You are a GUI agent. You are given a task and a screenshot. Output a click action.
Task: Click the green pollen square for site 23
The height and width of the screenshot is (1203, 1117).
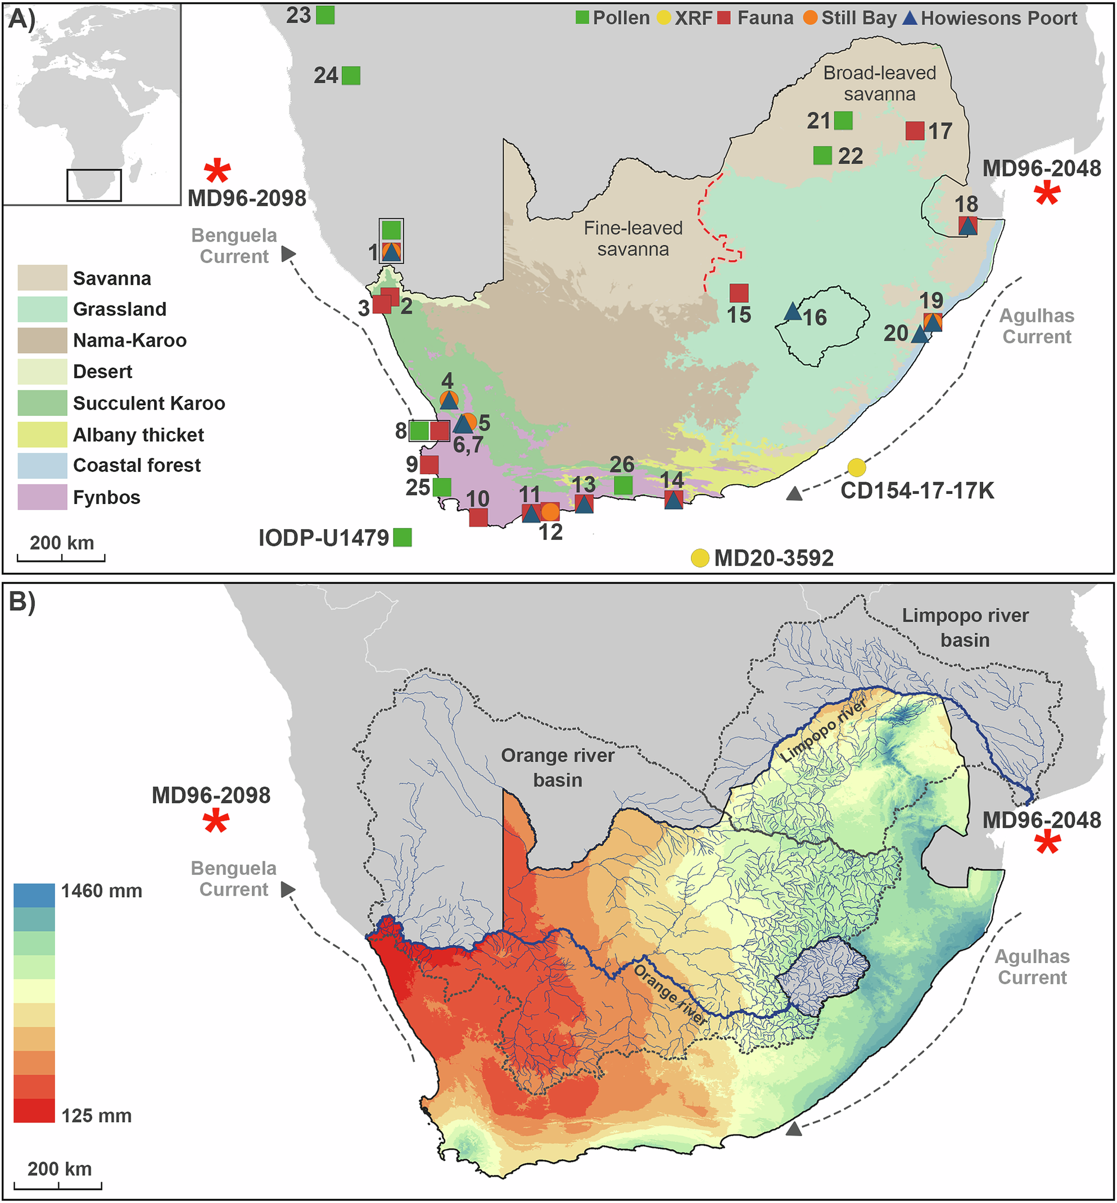pos(325,15)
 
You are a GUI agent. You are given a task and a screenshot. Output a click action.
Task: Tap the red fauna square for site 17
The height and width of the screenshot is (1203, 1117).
pos(915,130)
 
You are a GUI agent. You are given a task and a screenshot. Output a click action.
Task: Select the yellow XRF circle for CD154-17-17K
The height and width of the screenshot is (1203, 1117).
pos(856,467)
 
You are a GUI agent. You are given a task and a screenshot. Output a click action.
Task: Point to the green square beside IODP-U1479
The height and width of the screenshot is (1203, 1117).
pos(403,537)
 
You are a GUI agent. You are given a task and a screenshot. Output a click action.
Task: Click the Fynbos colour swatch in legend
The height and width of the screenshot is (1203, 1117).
pos(42,497)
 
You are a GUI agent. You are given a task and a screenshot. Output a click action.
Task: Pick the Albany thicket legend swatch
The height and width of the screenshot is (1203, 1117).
pos(42,434)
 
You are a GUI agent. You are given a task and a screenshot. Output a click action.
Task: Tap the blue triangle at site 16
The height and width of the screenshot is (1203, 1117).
pos(793,312)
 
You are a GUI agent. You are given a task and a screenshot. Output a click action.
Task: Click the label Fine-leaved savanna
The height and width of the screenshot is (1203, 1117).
pos(633,238)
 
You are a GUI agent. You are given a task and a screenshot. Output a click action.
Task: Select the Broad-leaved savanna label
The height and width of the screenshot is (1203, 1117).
pos(879,83)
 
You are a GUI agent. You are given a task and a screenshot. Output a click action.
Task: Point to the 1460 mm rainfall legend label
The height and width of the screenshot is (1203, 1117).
pos(102,891)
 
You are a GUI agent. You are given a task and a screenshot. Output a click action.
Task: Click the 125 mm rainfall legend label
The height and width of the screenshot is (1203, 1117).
pos(97,1115)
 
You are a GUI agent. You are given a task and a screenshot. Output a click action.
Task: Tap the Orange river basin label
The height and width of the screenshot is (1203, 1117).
pos(557,768)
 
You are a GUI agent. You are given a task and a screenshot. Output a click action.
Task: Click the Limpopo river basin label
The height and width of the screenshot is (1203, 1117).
pos(965,627)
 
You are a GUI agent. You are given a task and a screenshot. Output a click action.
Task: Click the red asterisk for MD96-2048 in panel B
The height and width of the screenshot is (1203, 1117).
pos(1047,843)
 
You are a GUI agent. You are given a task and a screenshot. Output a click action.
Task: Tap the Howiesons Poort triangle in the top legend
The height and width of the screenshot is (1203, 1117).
pos(910,17)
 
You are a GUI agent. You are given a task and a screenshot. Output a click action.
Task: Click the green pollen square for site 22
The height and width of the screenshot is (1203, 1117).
pos(822,155)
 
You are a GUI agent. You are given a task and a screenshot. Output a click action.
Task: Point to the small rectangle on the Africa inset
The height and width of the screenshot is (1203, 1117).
pos(94,185)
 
